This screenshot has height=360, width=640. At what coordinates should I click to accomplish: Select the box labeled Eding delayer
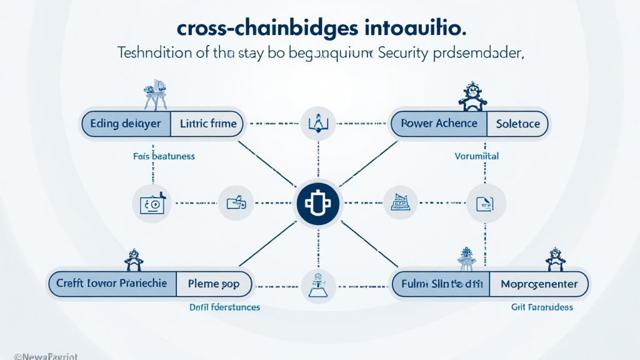pos(126,124)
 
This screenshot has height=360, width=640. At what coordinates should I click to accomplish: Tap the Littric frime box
pos(208,124)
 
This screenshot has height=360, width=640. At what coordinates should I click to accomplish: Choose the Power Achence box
pos(439,124)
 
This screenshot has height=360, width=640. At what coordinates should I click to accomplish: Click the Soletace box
pos(517,124)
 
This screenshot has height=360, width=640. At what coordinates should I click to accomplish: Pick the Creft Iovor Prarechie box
pos(112,283)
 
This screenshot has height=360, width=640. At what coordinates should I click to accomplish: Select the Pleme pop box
pos(214,284)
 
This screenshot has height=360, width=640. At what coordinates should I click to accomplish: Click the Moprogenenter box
pos(539,284)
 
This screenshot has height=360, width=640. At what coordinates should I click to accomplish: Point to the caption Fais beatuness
pos(164,156)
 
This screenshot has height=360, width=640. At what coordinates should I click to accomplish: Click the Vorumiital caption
pos(477,156)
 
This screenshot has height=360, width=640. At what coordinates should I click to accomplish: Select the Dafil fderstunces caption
pos(224,307)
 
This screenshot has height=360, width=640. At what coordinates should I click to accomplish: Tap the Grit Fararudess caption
pos(542,307)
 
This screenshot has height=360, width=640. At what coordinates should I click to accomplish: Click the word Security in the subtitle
pos(404,54)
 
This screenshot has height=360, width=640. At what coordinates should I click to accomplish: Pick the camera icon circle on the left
pos(151,203)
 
